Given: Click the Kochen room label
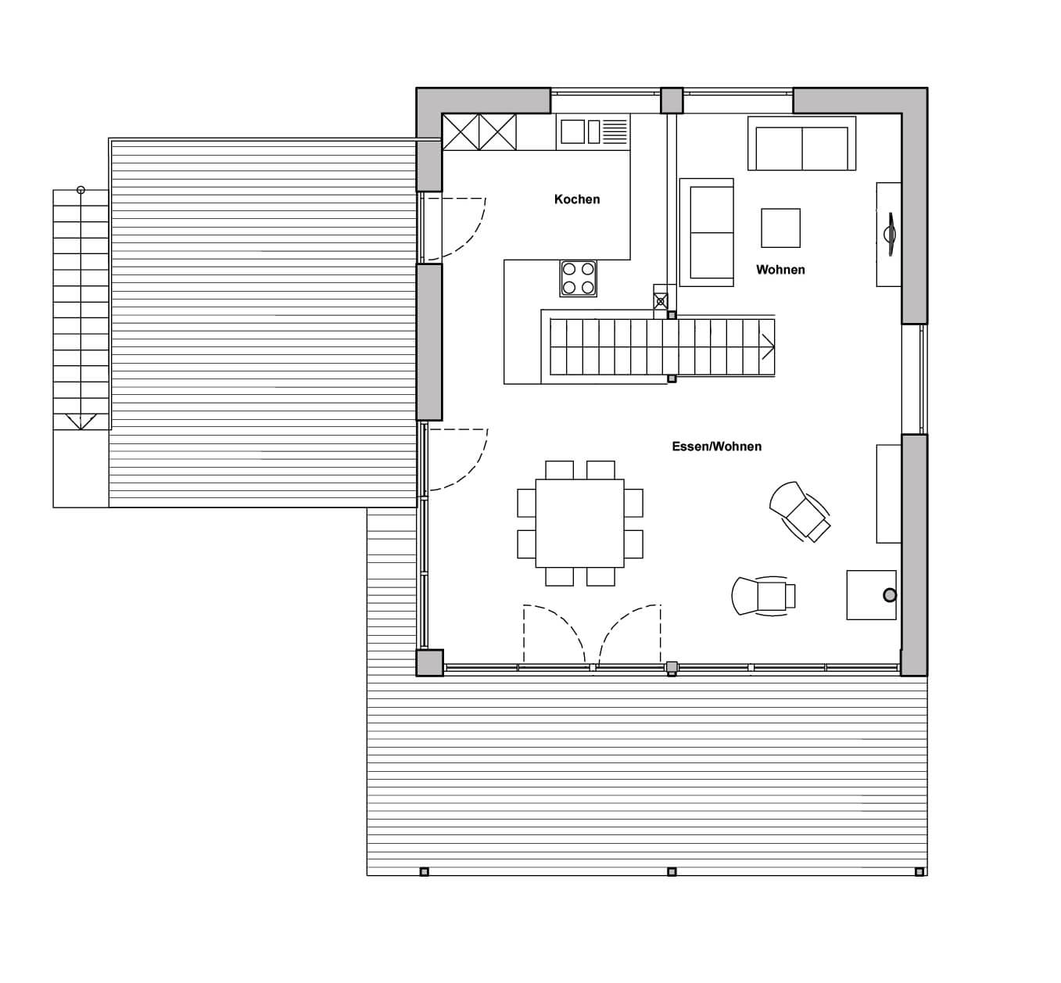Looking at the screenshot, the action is click(x=577, y=199).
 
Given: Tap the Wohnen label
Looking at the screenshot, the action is click(x=780, y=269).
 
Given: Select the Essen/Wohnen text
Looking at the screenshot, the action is click(x=716, y=447).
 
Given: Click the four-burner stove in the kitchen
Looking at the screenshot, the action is click(x=578, y=278).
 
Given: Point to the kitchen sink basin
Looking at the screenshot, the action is click(x=572, y=131).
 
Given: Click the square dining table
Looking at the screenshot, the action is click(x=579, y=522).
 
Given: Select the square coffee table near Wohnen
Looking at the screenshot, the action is click(x=780, y=228).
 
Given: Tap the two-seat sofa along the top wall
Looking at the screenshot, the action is click(x=802, y=143).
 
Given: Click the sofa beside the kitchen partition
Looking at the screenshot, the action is click(x=706, y=232).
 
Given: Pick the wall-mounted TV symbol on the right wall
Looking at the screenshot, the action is click(x=890, y=234).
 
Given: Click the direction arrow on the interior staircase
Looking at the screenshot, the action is click(x=768, y=347).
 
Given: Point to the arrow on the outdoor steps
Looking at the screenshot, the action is click(x=81, y=422).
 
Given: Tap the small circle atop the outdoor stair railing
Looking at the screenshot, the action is click(x=81, y=190).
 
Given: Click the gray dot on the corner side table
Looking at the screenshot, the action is click(x=890, y=595).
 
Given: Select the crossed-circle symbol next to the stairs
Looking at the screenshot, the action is click(x=661, y=302).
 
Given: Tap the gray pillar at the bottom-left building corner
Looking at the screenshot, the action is click(x=429, y=663).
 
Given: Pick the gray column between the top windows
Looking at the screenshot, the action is click(x=672, y=101).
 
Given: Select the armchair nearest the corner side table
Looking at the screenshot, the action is click(x=763, y=596).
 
